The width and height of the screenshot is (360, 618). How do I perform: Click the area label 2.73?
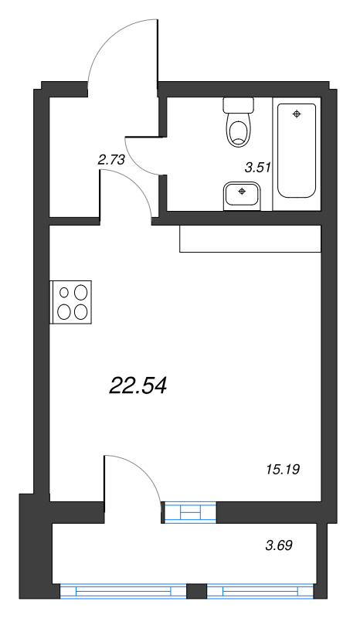click(111, 161)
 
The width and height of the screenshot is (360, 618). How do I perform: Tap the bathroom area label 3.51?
click(256, 166)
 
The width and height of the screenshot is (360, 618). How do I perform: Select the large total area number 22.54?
click(139, 384)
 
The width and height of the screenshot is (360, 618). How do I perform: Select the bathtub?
click(297, 151)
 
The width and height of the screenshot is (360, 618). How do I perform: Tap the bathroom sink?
click(243, 195)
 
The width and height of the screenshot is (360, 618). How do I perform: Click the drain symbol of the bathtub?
click(297, 114)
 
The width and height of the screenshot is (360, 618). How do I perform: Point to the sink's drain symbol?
click(243, 190)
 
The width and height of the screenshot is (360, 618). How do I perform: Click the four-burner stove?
click(72, 301)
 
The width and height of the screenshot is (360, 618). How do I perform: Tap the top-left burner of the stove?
click(63, 293)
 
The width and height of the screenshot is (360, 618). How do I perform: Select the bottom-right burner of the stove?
click(80, 311)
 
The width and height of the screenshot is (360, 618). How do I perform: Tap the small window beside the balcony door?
click(190, 511)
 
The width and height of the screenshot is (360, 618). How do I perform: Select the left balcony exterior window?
click(123, 592)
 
